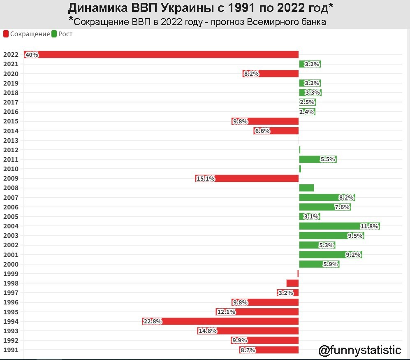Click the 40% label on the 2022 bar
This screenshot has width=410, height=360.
(x=32, y=54)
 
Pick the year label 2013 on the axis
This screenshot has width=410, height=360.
(x=10, y=140)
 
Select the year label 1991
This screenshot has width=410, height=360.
(x=10, y=350)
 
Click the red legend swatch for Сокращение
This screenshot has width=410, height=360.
(x=6, y=34)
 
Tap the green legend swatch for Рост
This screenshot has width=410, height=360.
(x=54, y=34)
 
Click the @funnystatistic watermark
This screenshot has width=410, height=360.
(x=359, y=350)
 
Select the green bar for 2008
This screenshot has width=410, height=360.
(x=306, y=188)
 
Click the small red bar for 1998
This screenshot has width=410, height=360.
(x=292, y=283)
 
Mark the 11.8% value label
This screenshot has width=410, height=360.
(x=369, y=226)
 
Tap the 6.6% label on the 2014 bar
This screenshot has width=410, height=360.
(x=262, y=131)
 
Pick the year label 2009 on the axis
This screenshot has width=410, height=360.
(x=10, y=179)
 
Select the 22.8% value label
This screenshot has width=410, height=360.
(x=153, y=321)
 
